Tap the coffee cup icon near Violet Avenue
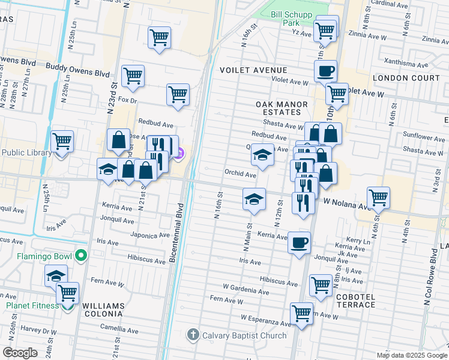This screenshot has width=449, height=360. (325, 71)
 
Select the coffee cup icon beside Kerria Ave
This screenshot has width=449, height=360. (299, 243)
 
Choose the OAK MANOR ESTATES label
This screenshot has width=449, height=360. (282, 108)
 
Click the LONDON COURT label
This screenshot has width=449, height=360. (399, 78)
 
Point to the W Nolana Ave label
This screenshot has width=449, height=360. (348, 205)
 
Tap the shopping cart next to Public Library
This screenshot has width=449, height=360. (62, 142)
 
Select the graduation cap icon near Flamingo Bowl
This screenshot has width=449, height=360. (56, 276)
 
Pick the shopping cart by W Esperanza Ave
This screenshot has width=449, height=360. (301, 313)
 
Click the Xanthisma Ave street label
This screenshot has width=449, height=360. (427, 62)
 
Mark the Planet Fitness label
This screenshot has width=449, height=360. (32, 305)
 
